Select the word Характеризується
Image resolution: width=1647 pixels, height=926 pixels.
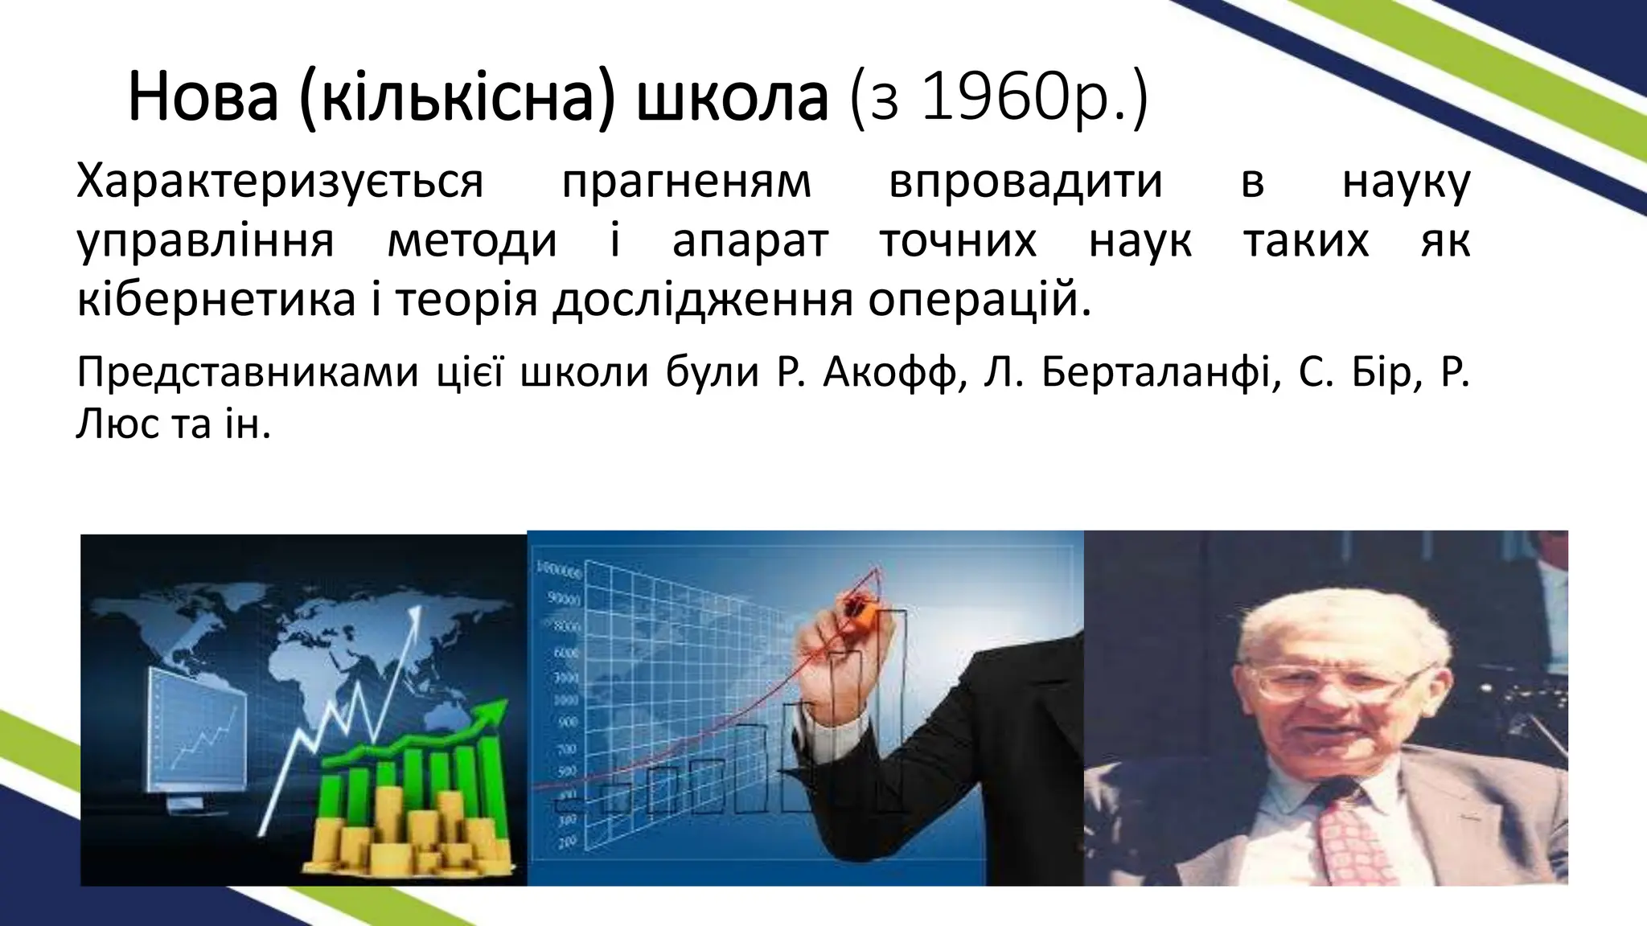(279, 182)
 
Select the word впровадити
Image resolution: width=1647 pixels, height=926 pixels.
(1025, 182)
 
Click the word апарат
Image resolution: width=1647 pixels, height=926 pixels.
(750, 241)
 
